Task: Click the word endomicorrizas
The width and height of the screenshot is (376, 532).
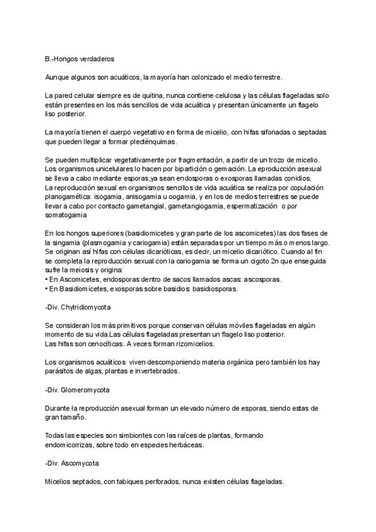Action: point(73,445)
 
